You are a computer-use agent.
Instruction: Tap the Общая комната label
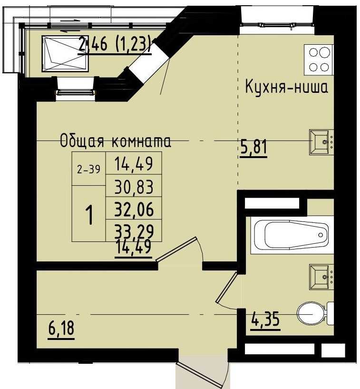point(116,141)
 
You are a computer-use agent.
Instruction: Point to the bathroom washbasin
point(321,276)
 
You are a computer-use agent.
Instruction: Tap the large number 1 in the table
point(88,215)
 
